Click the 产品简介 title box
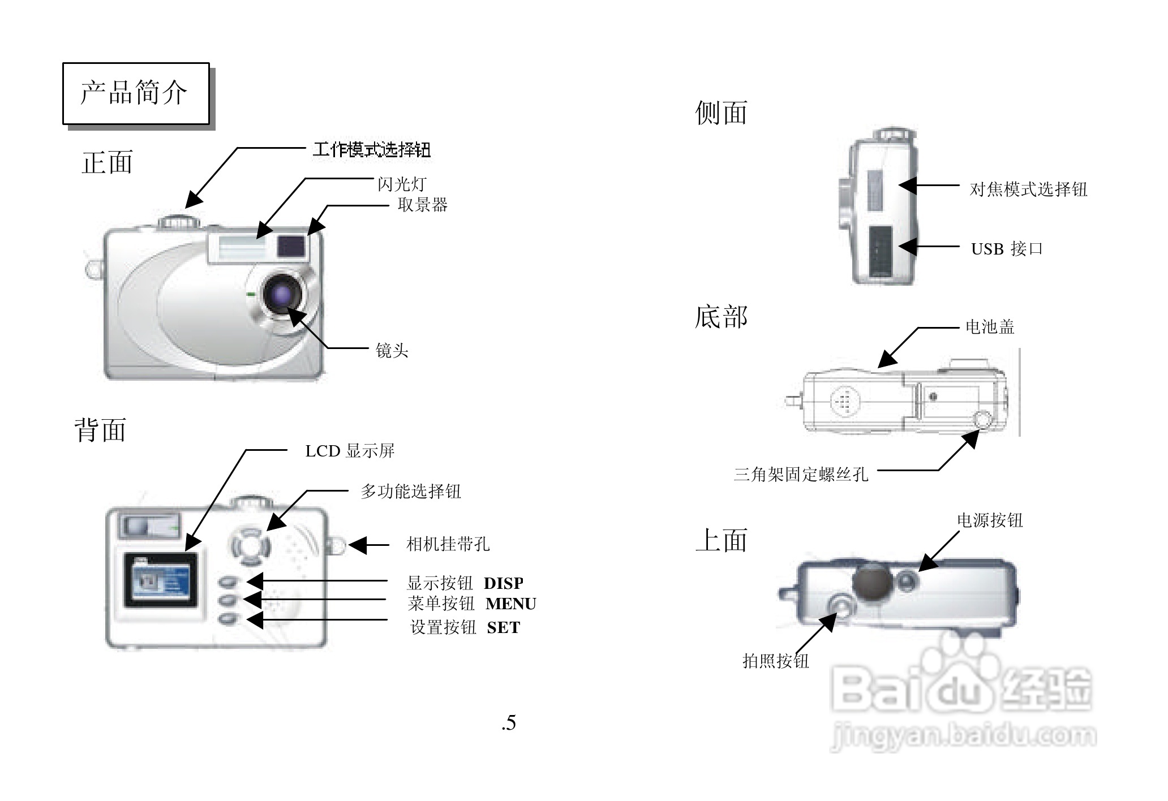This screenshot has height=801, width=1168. click(135, 93)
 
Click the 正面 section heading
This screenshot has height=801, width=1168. click(107, 163)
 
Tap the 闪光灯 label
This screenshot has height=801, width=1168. click(402, 184)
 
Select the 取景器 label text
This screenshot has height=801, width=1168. click(422, 205)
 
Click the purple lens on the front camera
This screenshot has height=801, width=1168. click(281, 294)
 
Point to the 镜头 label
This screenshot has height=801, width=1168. click(392, 351)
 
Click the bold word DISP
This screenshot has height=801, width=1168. click(503, 583)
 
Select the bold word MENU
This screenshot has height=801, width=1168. click(510, 604)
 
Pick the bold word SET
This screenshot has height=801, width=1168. click(503, 628)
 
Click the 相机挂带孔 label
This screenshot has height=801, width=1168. click(448, 544)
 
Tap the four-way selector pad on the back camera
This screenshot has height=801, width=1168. click(249, 547)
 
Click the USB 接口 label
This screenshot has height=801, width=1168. click(1007, 249)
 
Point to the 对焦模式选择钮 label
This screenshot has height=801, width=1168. click(1028, 189)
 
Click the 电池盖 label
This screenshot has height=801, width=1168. click(989, 327)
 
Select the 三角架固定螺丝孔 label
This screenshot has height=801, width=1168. click(801, 474)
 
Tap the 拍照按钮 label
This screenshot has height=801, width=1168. click(775, 661)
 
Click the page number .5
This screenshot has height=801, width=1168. click(508, 723)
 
